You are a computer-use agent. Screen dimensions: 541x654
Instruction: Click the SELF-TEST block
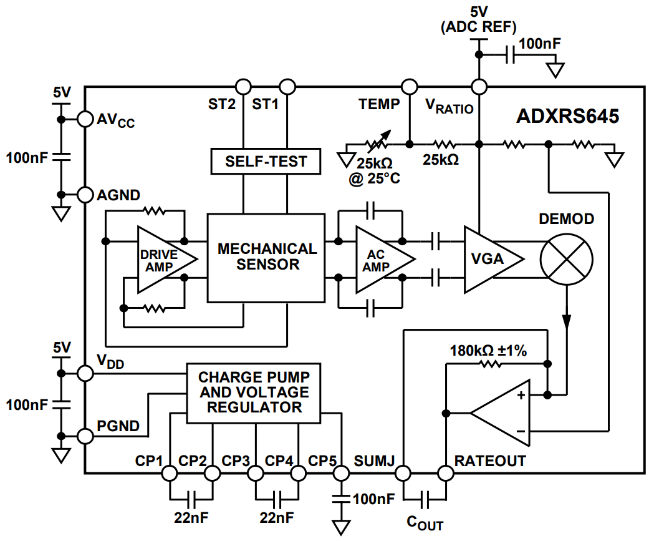pyautogui.click(x=266, y=161)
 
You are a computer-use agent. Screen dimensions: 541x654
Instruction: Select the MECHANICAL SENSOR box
pyautogui.click(x=266, y=257)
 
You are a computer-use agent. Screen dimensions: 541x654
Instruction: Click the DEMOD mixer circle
pyautogui.click(x=566, y=258)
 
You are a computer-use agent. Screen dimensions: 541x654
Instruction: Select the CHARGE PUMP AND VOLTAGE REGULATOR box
pyautogui.click(x=254, y=392)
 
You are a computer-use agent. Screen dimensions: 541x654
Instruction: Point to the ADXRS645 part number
pyautogui.click(x=567, y=117)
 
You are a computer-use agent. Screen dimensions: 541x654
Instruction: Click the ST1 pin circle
pyautogui.click(x=287, y=87)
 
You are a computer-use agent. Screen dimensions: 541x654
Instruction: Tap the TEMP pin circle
pyautogui.click(x=410, y=87)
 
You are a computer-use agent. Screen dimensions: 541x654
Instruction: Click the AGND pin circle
pyautogui.click(x=85, y=195)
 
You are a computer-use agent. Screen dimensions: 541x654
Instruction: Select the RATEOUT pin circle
pyautogui.click(x=445, y=474)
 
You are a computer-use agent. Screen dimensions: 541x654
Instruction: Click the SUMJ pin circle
pyautogui.click(x=402, y=474)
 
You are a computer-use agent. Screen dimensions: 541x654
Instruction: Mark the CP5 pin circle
pyautogui.click(x=340, y=474)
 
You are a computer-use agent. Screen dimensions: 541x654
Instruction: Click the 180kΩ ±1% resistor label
pyautogui.click(x=488, y=351)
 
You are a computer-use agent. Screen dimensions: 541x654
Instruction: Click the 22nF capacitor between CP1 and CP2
pyautogui.click(x=191, y=498)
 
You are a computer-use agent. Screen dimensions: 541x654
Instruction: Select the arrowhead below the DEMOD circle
pyautogui.click(x=566, y=321)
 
